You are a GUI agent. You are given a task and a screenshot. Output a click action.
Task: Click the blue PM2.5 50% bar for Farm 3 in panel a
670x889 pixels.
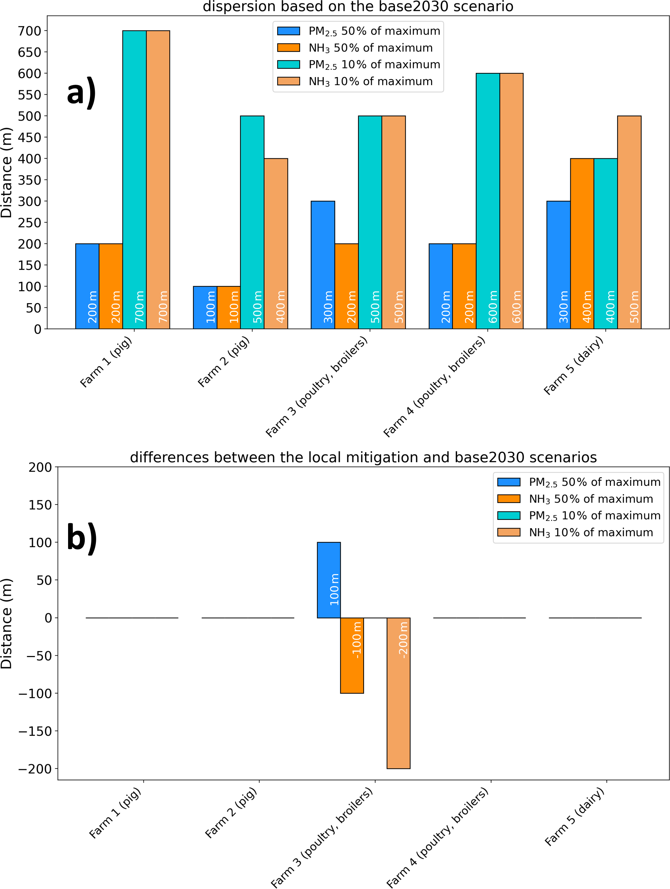tap(323, 265)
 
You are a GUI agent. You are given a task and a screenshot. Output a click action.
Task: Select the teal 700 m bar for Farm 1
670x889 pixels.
tap(134, 180)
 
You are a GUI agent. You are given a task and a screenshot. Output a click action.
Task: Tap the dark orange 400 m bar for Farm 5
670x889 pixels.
tap(582, 243)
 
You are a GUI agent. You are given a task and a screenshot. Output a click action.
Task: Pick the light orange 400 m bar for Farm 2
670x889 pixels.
tap(276, 243)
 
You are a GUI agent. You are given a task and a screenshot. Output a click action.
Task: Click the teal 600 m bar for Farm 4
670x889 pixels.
tap(488, 201)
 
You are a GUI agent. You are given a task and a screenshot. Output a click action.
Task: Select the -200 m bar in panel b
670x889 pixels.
tap(398, 693)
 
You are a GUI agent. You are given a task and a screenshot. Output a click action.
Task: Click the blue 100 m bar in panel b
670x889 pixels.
tap(329, 580)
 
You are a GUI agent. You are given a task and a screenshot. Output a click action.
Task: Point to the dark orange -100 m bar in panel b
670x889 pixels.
tap(352, 656)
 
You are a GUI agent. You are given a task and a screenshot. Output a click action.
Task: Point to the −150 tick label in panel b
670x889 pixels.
tap(35, 731)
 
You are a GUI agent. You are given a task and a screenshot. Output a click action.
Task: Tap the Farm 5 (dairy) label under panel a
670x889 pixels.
tap(574, 366)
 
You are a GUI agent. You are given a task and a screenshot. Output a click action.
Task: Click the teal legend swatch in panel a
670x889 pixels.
tap(289, 65)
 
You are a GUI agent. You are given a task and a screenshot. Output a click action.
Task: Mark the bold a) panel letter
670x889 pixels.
tap(82, 92)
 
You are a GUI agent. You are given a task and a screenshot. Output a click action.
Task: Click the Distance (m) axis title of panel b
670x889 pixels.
tap(7, 623)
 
